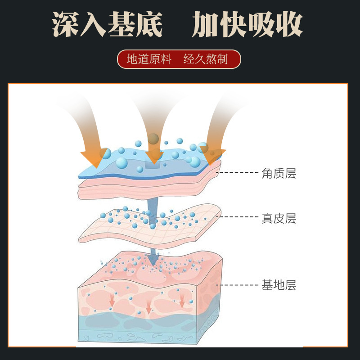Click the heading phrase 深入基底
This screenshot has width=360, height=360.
coord(107,24)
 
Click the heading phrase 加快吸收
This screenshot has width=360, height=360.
coord(247,24)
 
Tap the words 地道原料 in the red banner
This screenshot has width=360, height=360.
coord(149,59)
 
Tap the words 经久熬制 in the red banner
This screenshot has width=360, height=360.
coord(206,59)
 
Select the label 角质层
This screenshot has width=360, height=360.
coord(279,173)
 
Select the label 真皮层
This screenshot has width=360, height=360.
coord(279,219)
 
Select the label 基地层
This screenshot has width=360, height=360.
coord(279,285)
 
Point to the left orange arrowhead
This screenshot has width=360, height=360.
coord(93,157)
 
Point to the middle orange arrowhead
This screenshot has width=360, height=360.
coord(154,156)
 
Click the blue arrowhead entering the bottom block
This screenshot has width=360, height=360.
coord(153,258)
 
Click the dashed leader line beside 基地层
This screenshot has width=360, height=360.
coord(238,285)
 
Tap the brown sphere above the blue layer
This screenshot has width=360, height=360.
coord(153,138)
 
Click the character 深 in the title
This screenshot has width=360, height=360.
coord(66,24)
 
